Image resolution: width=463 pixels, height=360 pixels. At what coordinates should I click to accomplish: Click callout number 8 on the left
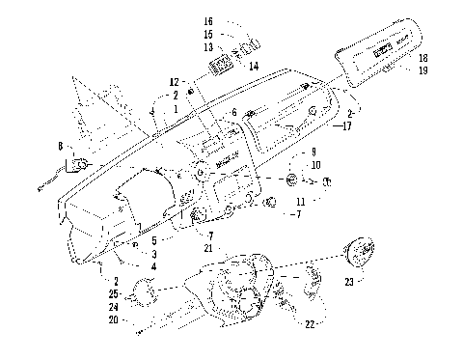click(61, 147)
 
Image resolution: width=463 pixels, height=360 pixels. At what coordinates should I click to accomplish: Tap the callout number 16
click(208, 19)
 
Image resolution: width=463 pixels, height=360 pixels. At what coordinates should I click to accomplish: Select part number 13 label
click(208, 45)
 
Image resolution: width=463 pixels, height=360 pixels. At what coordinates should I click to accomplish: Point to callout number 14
click(254, 66)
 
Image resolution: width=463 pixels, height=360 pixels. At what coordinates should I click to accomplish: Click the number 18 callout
click(422, 59)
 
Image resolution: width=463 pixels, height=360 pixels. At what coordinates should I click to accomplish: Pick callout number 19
click(422, 70)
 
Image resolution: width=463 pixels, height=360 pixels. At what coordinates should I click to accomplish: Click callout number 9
click(313, 152)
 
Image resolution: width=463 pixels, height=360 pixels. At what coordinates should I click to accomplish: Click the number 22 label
click(310, 323)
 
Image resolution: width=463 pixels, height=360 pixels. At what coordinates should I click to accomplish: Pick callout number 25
click(113, 292)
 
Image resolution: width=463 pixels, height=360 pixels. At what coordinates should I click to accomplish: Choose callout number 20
click(113, 319)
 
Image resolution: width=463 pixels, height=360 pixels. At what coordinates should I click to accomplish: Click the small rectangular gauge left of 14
click(221, 65)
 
